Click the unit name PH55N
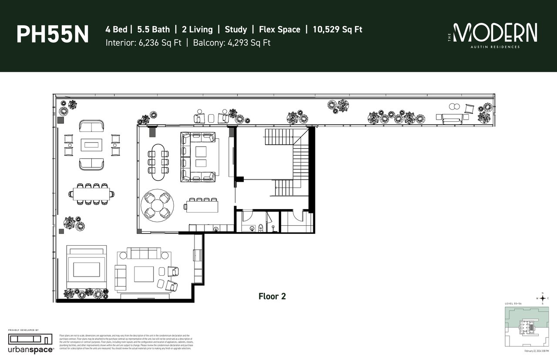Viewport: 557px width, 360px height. (x=52, y=35)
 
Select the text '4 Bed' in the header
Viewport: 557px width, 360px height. (x=116, y=30)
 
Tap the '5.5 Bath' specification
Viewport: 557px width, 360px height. (x=154, y=30)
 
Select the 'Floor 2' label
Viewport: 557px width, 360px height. (x=272, y=297)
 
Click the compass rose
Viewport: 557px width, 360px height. (x=542, y=298)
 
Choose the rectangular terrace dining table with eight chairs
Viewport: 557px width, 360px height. (x=91, y=193)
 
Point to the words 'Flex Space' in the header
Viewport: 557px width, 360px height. (x=279, y=30)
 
